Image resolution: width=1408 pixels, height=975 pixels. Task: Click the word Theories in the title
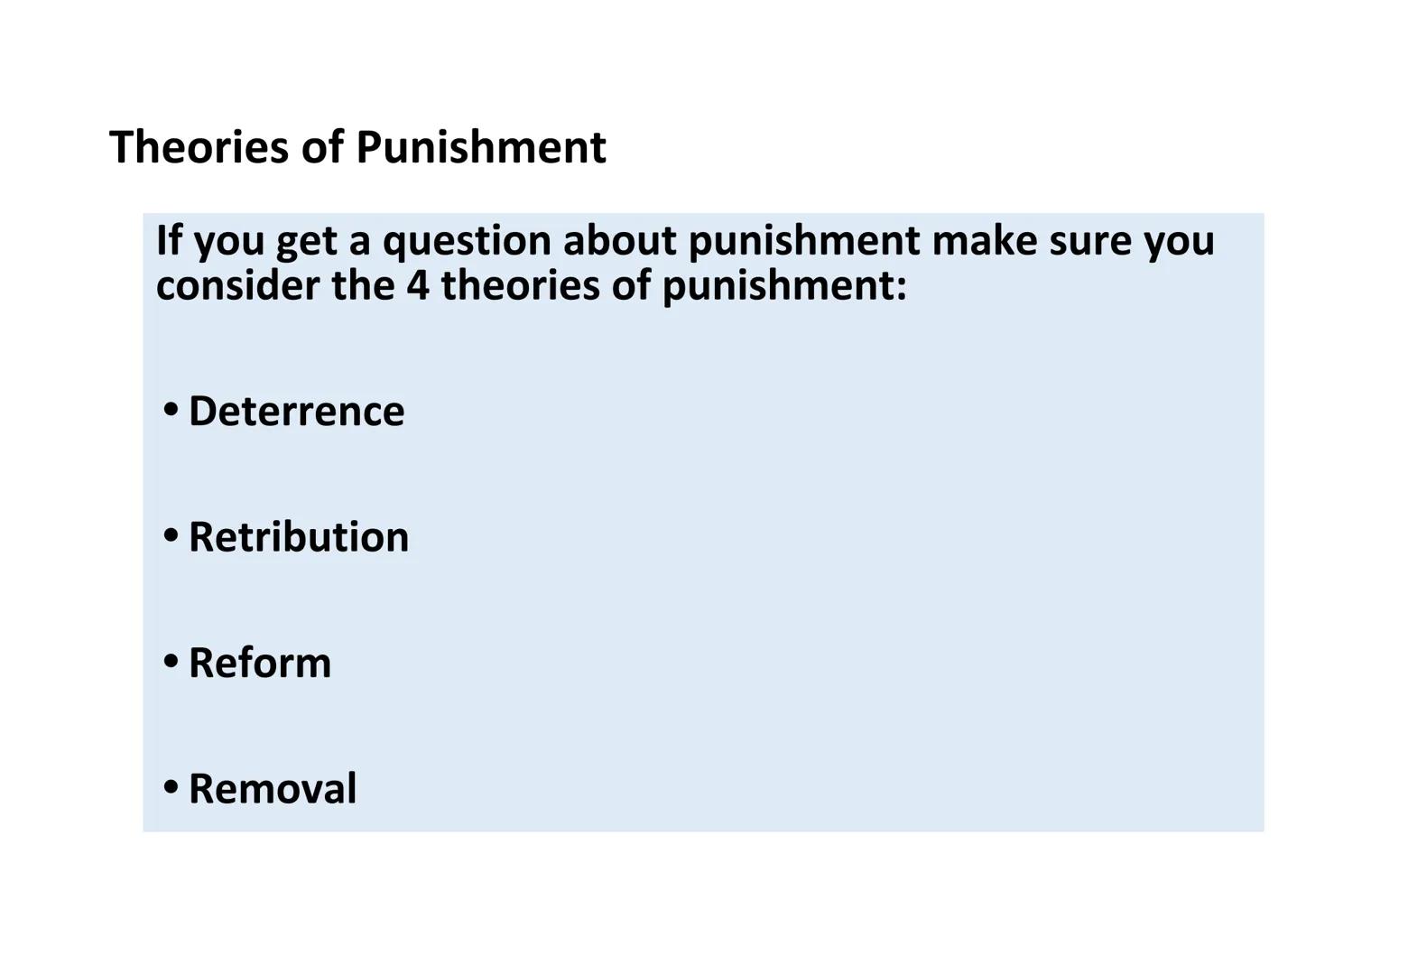coord(199,146)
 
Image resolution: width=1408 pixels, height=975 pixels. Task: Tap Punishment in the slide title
coord(480,146)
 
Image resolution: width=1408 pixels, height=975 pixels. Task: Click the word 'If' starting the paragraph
coord(169,240)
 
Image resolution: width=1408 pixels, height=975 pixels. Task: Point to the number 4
coord(417,285)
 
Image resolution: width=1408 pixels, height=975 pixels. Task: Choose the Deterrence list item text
coord(296,411)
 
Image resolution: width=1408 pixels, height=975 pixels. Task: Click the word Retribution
coord(299,536)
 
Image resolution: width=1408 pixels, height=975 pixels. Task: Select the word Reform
coord(260,663)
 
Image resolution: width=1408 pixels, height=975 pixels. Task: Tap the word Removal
coord(273,788)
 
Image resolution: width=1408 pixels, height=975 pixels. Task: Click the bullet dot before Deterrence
coord(171,410)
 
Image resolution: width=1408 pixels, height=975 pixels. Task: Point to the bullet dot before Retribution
coord(171,535)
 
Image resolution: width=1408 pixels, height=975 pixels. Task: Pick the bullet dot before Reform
coord(171,662)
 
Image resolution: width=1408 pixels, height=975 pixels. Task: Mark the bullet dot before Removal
coord(171,787)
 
